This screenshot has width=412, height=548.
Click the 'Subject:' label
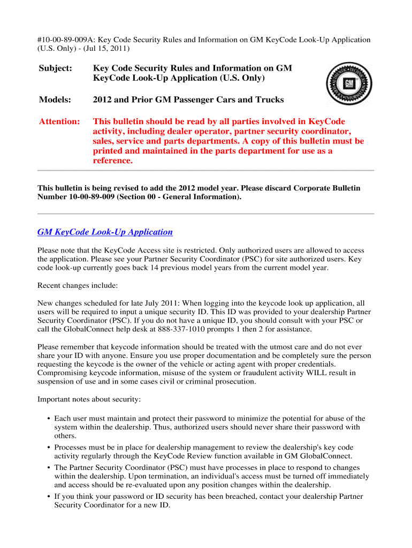pyautogui.click(x=56, y=68)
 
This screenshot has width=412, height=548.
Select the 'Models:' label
pyautogui.click(x=56, y=100)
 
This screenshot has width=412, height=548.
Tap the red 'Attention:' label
pyautogui.click(x=59, y=121)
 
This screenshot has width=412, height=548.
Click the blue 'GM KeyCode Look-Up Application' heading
pyautogui.click(x=105, y=232)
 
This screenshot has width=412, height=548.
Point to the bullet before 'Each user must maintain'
pyautogui.click(x=49, y=419)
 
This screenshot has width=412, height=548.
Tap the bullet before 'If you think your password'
pyautogui.click(x=49, y=497)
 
